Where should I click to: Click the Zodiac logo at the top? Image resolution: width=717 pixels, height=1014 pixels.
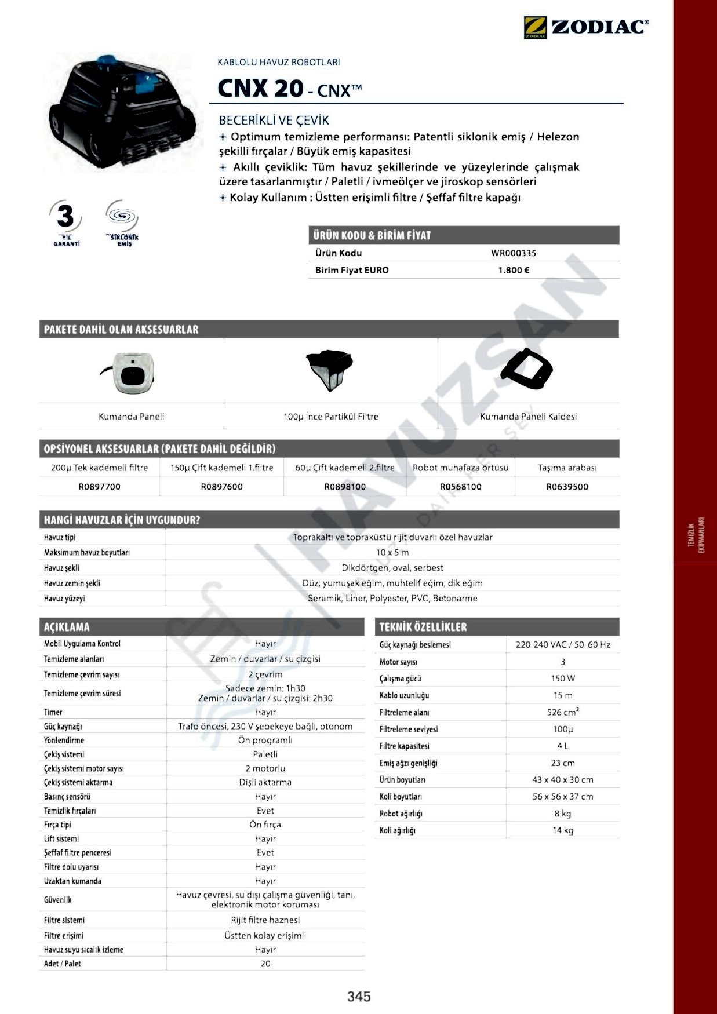point(586,27)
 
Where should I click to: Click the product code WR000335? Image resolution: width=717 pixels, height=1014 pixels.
point(514,253)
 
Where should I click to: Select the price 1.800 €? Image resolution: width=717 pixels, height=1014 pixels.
point(514,270)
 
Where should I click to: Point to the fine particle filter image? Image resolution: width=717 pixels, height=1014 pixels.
point(329,370)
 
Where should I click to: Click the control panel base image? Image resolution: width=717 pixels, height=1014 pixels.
point(526,369)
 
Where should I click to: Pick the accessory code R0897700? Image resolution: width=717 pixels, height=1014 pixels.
point(100,487)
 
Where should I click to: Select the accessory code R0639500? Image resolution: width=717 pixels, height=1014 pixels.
point(567,487)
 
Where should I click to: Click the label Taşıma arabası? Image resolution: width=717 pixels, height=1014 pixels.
point(567,468)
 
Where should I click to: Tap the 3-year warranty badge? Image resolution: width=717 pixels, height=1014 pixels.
point(66,223)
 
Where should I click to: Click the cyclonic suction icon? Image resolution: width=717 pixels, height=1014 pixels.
point(122,223)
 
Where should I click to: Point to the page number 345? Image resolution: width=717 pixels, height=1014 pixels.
point(359,997)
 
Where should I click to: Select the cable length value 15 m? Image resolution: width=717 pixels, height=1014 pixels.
point(562,695)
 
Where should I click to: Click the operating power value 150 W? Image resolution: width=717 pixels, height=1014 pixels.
point(562,679)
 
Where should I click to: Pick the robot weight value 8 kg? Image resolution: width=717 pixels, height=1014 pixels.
point(562,814)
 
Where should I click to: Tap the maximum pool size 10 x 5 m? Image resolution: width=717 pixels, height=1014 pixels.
point(392,553)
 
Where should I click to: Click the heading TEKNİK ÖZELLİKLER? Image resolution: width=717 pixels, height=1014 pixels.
point(423,627)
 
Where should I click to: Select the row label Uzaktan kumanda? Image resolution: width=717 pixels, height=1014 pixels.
point(72,881)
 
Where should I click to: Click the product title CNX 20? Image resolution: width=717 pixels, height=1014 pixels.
point(260,89)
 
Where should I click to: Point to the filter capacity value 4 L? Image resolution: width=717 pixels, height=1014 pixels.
point(562,746)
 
